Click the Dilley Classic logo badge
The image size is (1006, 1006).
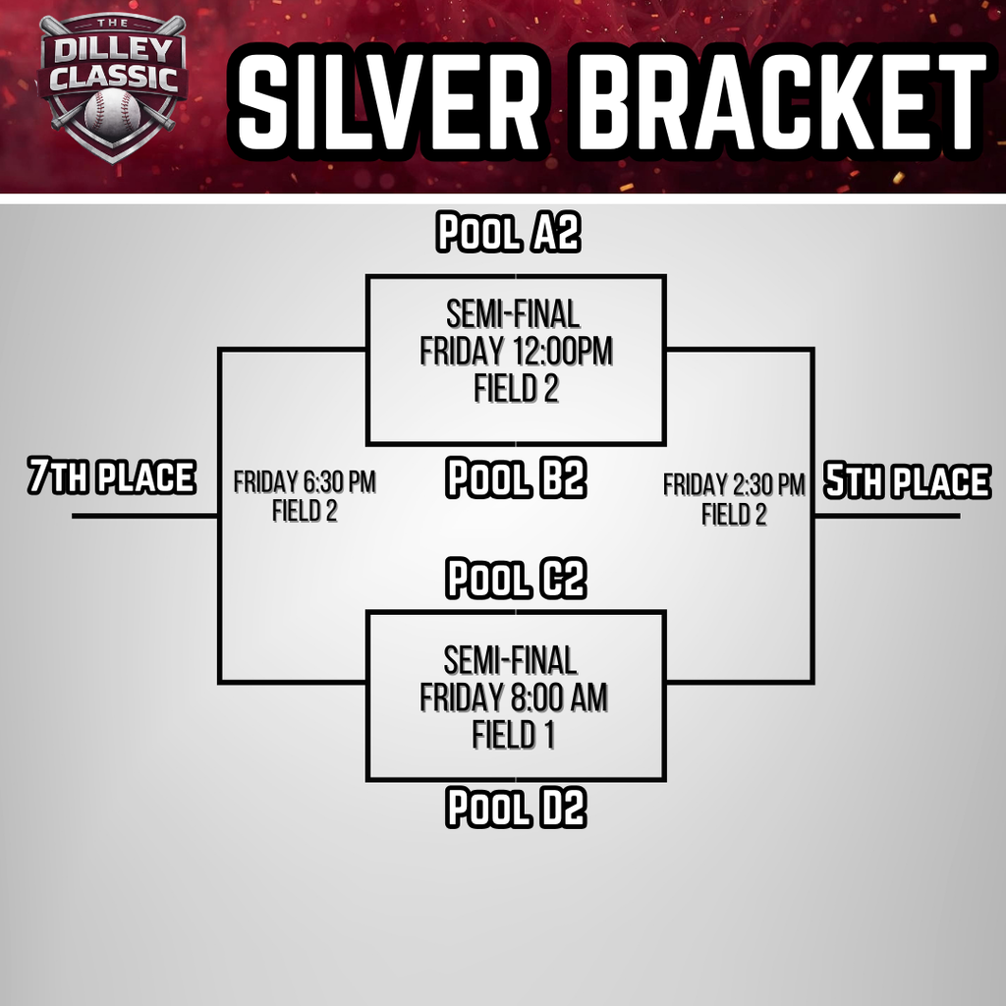click(113, 84)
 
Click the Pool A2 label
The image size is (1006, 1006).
click(509, 234)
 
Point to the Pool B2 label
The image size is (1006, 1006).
click(517, 478)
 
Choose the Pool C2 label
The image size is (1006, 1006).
click(517, 578)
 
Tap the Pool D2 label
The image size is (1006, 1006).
click(517, 808)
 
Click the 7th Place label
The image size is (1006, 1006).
click(111, 477)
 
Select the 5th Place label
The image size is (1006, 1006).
click(907, 481)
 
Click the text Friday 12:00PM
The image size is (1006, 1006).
click(516, 351)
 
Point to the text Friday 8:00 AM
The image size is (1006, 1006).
click(514, 698)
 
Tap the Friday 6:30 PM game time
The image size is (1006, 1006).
click(305, 482)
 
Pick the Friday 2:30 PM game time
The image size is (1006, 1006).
click(734, 484)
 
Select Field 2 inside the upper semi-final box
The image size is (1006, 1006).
click(516, 388)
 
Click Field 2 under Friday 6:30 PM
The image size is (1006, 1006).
click(305, 511)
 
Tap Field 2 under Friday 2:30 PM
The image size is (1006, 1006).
click(734, 514)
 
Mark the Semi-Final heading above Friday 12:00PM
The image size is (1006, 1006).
click(513, 314)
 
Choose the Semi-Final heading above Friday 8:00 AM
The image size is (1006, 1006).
click(511, 660)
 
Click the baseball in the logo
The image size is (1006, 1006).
click(112, 111)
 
